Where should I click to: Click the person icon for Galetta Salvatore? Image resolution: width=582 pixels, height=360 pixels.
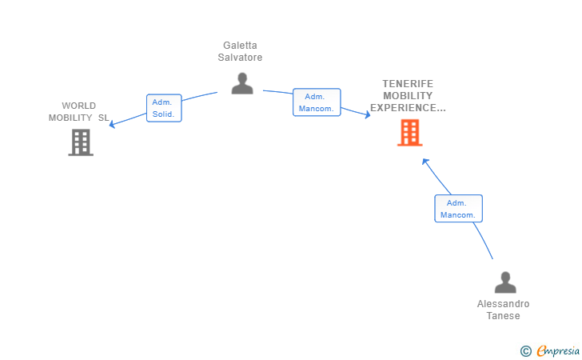pyautogui.click(x=241, y=83)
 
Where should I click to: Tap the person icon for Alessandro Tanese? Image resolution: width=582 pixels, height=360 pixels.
pyautogui.click(x=504, y=282)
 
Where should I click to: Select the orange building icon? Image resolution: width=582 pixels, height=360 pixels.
pyautogui.click(x=409, y=133)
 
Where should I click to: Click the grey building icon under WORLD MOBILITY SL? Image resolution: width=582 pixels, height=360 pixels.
pyautogui.click(x=80, y=142)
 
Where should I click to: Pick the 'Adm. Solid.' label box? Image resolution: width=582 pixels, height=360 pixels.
pyautogui.click(x=165, y=108)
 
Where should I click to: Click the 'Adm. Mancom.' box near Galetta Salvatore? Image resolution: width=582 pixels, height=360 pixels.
pyautogui.click(x=317, y=102)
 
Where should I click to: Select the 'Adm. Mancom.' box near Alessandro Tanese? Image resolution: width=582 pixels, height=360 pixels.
pyautogui.click(x=458, y=208)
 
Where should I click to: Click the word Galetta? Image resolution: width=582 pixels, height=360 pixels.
pyautogui.click(x=241, y=46)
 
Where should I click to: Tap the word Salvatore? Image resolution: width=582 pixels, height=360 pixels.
pyautogui.click(x=241, y=58)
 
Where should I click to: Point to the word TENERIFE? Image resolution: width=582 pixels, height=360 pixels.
pyautogui.click(x=408, y=83)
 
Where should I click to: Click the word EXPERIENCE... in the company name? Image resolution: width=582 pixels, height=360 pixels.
pyautogui.click(x=408, y=107)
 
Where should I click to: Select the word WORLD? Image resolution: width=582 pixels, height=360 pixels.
pyautogui.click(x=78, y=106)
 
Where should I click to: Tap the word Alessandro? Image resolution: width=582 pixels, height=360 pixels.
pyautogui.click(x=503, y=304)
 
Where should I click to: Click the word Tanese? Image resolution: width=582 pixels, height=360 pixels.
pyautogui.click(x=503, y=316)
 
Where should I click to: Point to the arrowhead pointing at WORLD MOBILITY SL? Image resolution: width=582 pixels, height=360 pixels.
pyautogui.click(x=112, y=125)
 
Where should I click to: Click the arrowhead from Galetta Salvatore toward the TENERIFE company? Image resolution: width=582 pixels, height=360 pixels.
pyautogui.click(x=368, y=116)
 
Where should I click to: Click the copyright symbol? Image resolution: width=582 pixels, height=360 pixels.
pyautogui.click(x=525, y=350)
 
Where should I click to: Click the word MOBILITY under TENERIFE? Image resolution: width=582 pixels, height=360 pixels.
pyautogui.click(x=408, y=95)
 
